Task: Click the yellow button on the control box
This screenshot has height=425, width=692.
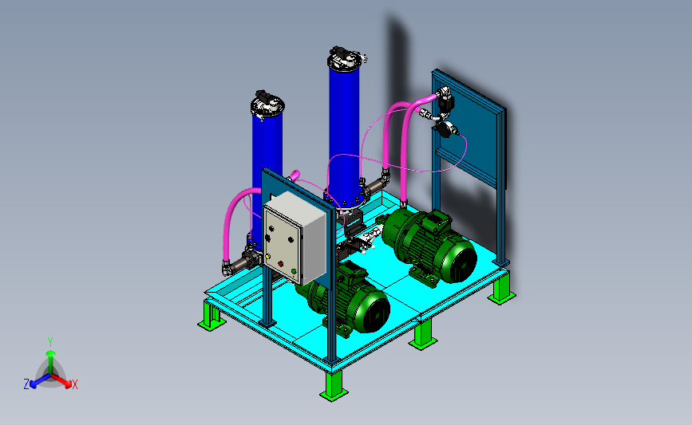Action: click(x=267, y=256)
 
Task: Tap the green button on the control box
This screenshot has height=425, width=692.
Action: click(x=294, y=271)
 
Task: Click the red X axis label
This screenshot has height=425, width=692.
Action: click(x=74, y=384)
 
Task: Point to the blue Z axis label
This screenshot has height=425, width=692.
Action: click(x=26, y=384)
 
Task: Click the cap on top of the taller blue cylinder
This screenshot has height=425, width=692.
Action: click(x=347, y=57)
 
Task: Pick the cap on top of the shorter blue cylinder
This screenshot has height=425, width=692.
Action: click(x=267, y=104)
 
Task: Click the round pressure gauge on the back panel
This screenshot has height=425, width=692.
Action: click(x=445, y=128)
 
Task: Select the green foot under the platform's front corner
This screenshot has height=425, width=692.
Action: click(x=334, y=386)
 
